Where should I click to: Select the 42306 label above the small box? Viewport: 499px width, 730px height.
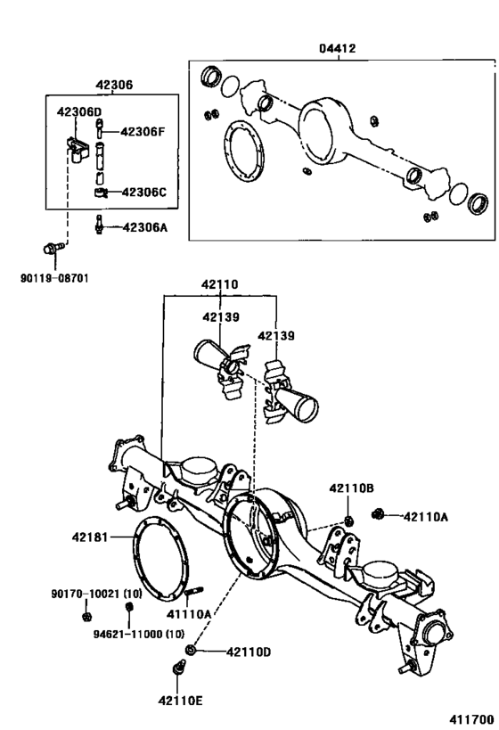[x=114, y=86]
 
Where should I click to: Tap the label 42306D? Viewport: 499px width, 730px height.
[x=79, y=112]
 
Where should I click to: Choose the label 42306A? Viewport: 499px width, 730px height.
[x=145, y=227]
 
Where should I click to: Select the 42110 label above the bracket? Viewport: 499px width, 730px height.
[x=219, y=286]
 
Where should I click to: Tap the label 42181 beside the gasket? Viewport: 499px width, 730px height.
[x=91, y=537]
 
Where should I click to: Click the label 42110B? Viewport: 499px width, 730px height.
[x=351, y=488]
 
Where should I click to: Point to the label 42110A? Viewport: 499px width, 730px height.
[x=426, y=515]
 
